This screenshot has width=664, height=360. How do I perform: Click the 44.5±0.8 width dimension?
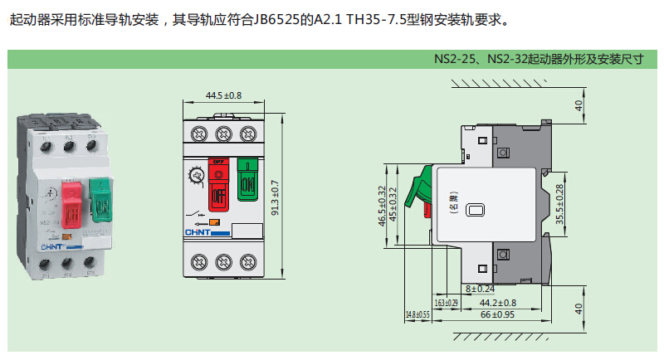coord(223,95)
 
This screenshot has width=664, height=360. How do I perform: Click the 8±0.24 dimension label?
coord(480,288)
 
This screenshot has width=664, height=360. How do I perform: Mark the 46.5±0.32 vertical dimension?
coord(382,207)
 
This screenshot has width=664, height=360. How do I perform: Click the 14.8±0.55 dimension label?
coord(417,315)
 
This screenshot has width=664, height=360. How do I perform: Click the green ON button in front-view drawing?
coord(247,180)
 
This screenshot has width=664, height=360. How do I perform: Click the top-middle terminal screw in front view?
coord(222,134)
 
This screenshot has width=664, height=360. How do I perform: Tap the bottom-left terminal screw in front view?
coord(199,262)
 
